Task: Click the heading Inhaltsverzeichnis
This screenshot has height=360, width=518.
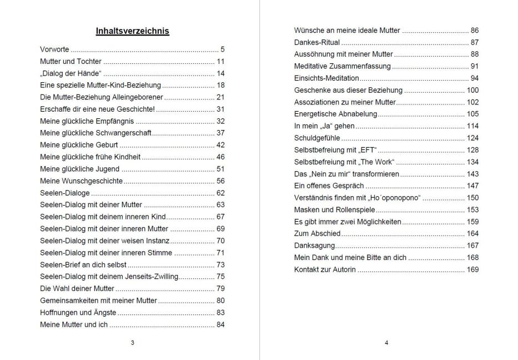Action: [x=132, y=31]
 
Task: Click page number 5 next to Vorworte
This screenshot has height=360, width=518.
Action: [x=222, y=49]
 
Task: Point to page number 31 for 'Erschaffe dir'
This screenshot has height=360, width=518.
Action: [x=220, y=109]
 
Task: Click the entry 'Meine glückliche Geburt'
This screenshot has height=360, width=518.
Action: [x=78, y=145]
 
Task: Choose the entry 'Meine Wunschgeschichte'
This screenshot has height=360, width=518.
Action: [x=81, y=181]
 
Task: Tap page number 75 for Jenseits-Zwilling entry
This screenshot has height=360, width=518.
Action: [x=220, y=277]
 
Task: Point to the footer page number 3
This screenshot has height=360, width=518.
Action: [x=132, y=343]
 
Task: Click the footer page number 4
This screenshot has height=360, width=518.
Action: [x=386, y=343]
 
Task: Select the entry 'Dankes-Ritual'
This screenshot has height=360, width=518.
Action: [x=316, y=42]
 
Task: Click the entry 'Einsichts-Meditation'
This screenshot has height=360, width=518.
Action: [x=326, y=78]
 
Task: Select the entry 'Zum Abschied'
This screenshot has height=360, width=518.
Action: [x=317, y=234]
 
